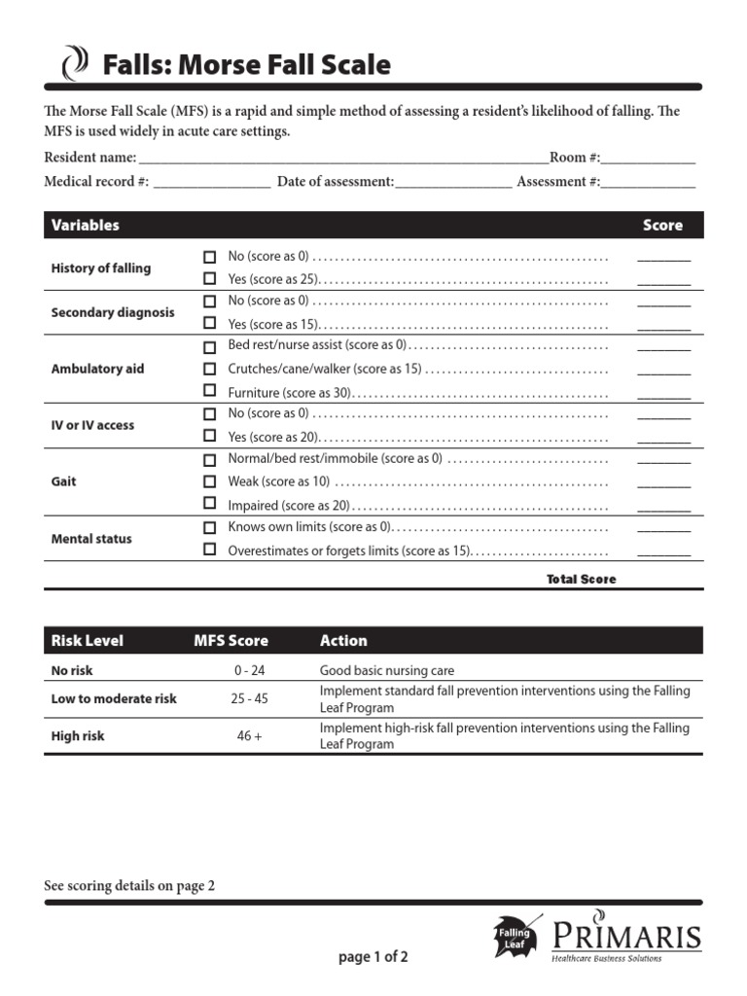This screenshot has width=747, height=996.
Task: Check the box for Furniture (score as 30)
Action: tap(209, 391)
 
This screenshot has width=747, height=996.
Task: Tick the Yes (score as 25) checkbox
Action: tap(209, 279)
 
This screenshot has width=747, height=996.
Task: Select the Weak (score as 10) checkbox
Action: tap(209, 481)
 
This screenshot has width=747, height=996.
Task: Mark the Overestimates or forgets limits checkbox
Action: tap(209, 550)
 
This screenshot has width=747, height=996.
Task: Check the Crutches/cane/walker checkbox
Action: tap(209, 370)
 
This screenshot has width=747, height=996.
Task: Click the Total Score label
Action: tap(581, 579)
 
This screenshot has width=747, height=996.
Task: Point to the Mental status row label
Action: tap(91, 539)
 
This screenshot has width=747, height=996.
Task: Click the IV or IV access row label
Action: tap(92, 425)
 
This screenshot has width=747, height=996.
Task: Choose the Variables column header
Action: tap(86, 225)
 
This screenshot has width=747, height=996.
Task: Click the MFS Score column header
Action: tap(231, 641)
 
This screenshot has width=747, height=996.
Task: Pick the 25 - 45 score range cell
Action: tap(250, 698)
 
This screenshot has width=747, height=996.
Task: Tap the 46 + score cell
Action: tap(250, 736)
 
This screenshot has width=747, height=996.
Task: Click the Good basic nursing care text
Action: tap(387, 670)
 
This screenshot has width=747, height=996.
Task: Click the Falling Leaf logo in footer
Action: tap(516, 936)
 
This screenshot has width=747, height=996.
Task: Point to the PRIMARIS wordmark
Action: tap(626, 936)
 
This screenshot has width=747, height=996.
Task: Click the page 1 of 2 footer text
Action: tap(373, 957)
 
